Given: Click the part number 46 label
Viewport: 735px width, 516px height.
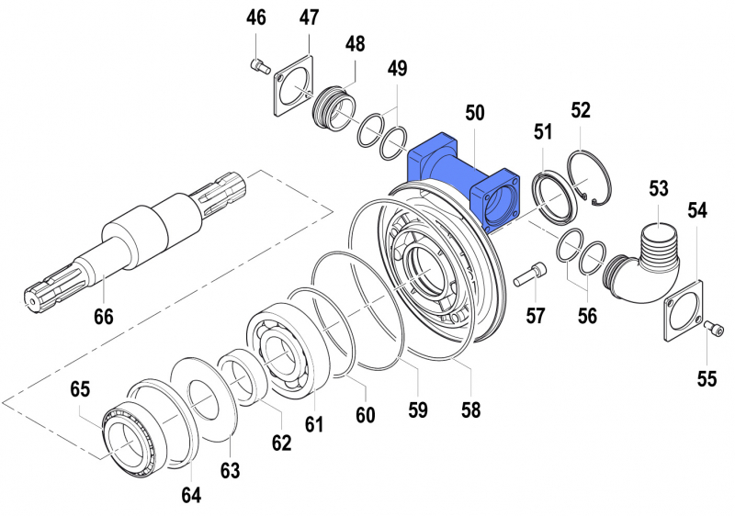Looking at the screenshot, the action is (256, 17).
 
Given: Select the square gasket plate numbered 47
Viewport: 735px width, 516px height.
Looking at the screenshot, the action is (293, 85).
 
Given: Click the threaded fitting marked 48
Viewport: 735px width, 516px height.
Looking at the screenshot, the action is (335, 109).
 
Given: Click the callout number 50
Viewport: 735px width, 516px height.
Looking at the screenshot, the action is (474, 113).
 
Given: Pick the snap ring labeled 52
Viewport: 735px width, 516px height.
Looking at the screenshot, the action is (589, 178).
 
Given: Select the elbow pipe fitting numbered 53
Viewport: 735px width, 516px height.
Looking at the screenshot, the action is (641, 264).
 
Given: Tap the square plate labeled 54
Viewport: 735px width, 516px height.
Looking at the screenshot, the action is (684, 310).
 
